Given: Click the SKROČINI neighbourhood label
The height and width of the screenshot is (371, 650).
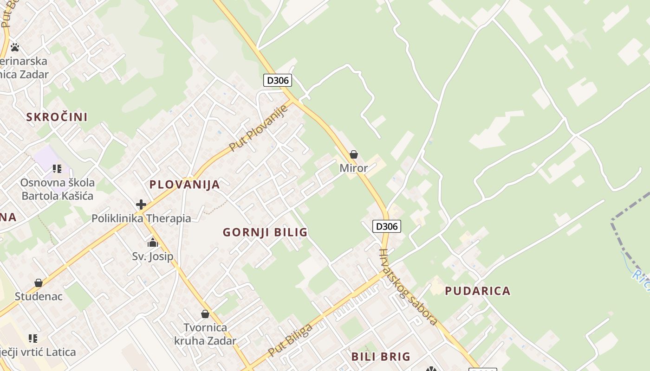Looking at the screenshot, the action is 57,117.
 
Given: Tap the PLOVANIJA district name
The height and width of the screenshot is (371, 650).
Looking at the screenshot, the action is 184,185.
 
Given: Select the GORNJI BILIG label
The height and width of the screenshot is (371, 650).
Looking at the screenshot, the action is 265,232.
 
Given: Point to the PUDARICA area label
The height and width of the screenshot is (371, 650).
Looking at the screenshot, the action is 478,291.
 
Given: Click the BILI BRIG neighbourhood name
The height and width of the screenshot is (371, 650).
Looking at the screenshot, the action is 381,357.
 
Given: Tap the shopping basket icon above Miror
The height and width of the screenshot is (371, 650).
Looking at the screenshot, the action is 354,154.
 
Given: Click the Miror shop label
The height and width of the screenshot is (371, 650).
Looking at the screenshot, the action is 354,168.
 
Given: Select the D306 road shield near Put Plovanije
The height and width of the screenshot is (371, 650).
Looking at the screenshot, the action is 278,80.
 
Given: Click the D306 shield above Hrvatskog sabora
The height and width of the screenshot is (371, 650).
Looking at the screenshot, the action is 387,226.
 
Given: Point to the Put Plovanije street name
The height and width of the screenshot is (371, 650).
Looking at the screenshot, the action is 258,128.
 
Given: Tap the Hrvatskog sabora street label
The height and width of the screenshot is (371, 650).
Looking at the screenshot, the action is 408,287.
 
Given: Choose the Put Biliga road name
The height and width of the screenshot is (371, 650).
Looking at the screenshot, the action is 291,340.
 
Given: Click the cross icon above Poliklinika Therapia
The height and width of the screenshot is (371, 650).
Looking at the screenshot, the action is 141,204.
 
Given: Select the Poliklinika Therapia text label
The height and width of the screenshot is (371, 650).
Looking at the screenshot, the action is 141,218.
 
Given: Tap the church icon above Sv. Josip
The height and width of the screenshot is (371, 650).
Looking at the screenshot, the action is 153,243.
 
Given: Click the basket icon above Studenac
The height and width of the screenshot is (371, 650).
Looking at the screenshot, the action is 39,283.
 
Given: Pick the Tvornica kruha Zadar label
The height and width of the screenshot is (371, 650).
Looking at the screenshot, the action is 205,334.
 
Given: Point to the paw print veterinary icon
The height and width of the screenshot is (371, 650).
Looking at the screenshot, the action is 15,47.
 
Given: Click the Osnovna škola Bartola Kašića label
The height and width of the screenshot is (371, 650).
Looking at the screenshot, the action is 57,189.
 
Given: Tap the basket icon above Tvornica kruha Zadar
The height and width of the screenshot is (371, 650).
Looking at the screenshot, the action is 205,314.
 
